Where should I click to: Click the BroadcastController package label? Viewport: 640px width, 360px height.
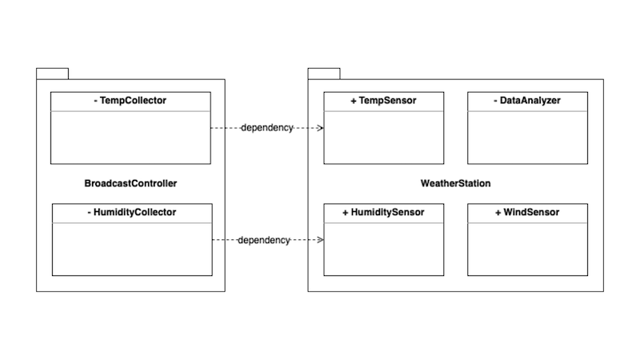pos(130,183)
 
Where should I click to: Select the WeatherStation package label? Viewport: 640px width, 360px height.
pos(455,183)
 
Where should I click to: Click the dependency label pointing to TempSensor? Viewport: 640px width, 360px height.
pos(266,128)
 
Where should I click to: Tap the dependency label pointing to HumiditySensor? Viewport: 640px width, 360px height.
pos(264,240)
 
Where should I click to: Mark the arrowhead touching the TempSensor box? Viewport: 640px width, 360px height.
pos(319,128)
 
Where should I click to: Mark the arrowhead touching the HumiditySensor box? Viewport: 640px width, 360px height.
pos(319,240)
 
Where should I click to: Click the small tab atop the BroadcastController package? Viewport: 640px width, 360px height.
pos(52,74)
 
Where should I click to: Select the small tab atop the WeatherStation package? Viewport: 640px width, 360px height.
pos(324,74)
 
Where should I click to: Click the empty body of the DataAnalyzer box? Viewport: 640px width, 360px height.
pos(527,138)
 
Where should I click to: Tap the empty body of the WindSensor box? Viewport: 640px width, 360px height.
pos(527,250)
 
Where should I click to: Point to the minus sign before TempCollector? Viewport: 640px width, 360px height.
pos(95,101)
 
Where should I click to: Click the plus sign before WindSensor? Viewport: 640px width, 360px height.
pos(498,213)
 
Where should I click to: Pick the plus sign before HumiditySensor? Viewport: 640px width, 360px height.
pos(346,213)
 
